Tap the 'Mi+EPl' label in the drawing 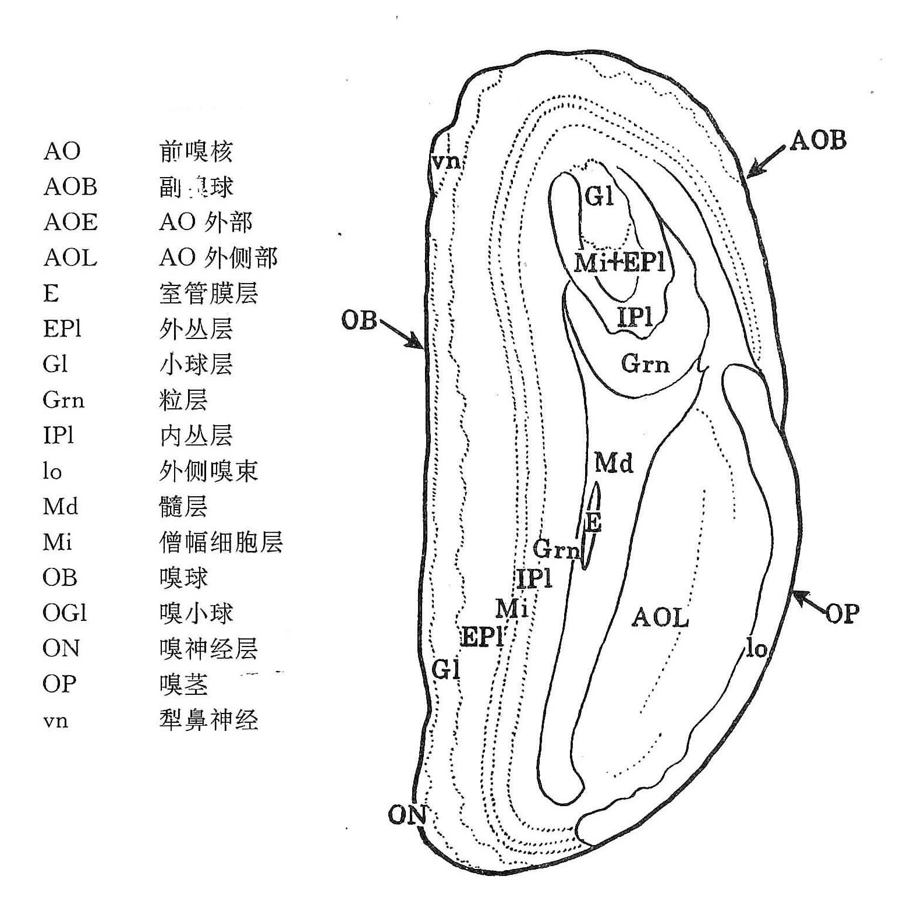coord(619,263)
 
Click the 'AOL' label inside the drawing coord(660,617)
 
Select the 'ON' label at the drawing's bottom coord(408,815)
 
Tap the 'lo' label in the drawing coord(756,648)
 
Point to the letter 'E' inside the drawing coord(593,522)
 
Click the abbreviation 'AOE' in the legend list coord(70,222)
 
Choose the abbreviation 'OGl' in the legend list coord(65,613)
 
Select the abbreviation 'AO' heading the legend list coord(62,151)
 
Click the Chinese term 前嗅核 coord(196,151)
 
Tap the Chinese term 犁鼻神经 coord(208,720)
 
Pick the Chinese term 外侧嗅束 coord(208,471)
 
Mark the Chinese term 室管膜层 coord(208,293)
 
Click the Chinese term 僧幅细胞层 coord(221,542)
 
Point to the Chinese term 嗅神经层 coord(208,648)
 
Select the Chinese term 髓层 coord(183,507)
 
